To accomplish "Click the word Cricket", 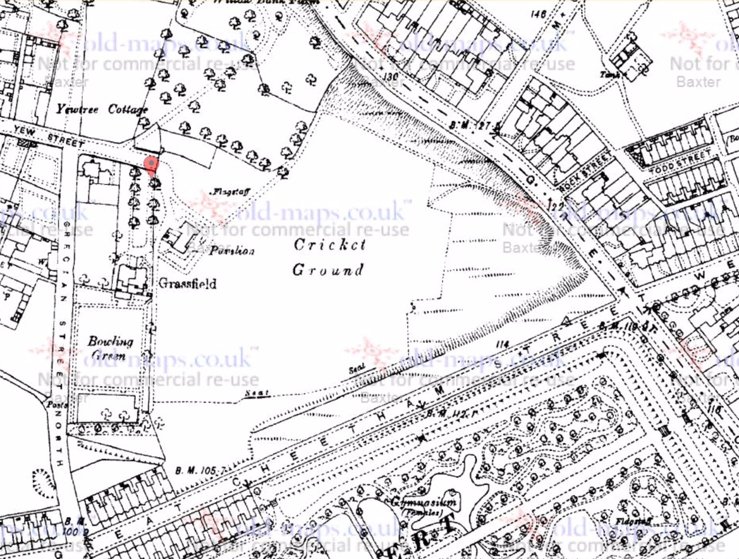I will tap(329, 244).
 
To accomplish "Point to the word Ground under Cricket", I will tap(327, 270).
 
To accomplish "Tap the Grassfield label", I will tap(188, 284).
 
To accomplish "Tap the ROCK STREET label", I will tap(585, 173).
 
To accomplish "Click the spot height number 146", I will tap(539, 14).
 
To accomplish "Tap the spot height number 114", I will tap(503, 344).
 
